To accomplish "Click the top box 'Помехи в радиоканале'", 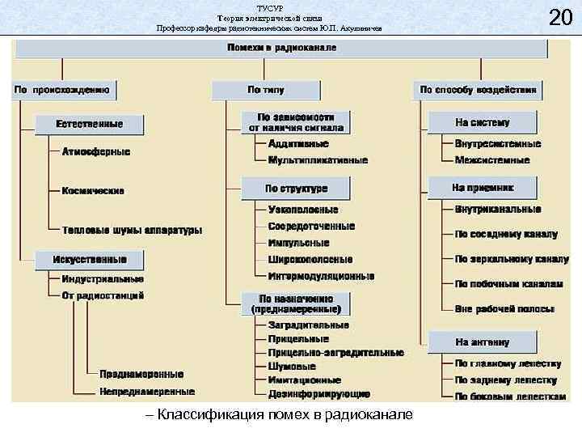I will [281, 48].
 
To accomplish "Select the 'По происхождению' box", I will [64, 88].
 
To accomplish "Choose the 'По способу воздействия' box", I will [477, 89].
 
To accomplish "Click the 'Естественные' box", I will [90, 124].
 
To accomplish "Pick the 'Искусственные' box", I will [90, 260].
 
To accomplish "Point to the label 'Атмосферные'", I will [95, 151].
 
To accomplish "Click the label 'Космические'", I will [93, 191].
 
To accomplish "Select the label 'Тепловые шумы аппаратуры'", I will [132, 230].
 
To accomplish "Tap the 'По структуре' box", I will [296, 189].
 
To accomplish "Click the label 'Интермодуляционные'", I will [321, 276].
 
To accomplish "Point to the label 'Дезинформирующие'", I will [318, 394].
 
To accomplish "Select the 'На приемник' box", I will [483, 188].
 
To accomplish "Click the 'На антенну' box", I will [482, 342].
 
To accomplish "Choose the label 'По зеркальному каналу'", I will [511, 260].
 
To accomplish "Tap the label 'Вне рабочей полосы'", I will [504, 309].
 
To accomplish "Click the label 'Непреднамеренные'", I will [146, 392].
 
